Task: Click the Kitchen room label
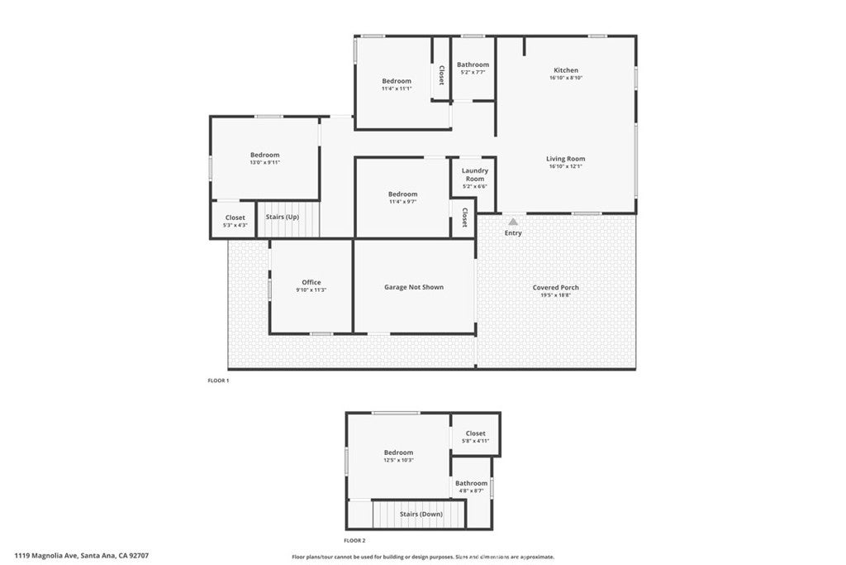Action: click(566, 70)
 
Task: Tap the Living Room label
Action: click(566, 159)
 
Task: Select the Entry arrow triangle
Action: click(513, 222)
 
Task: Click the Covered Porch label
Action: click(555, 288)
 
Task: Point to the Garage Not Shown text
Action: click(414, 287)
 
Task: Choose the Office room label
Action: click(311, 282)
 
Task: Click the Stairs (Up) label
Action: click(282, 217)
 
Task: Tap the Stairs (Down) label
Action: click(421, 514)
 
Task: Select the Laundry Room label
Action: click(475, 175)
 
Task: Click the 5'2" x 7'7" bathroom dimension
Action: click(473, 73)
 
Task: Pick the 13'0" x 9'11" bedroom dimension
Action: click(265, 163)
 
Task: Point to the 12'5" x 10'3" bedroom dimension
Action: click(398, 460)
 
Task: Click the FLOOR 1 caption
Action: click(218, 381)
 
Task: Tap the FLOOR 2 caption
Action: click(356, 540)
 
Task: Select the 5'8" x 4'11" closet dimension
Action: click(476, 441)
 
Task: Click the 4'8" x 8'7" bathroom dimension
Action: click(472, 491)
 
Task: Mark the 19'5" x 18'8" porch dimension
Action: click(555, 295)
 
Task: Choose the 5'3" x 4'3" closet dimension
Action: click(235, 225)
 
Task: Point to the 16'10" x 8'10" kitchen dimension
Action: click(566, 79)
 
